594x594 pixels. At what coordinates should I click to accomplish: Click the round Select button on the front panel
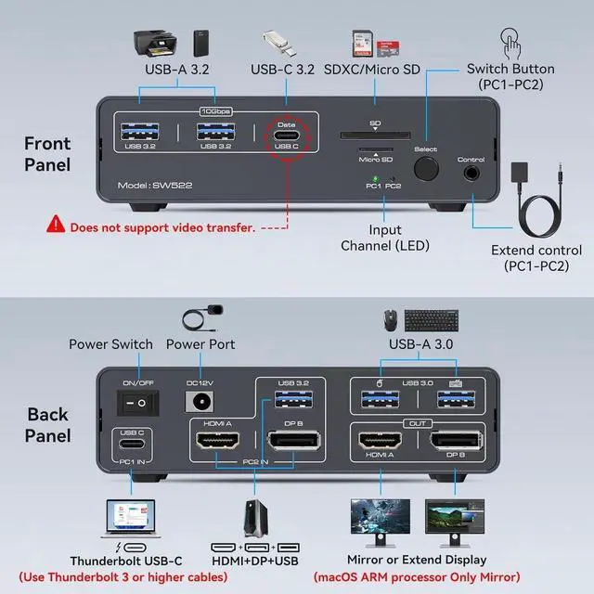(427, 169)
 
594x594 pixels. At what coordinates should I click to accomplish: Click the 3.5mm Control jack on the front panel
(472, 172)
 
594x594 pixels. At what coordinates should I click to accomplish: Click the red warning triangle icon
(58, 226)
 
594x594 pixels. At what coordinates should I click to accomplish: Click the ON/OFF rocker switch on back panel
(132, 399)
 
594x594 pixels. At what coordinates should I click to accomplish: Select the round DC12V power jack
(197, 401)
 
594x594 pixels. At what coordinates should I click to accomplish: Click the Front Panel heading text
(47, 154)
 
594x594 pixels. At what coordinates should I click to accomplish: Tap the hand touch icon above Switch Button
(510, 42)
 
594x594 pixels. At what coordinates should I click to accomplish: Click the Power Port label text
(200, 344)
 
